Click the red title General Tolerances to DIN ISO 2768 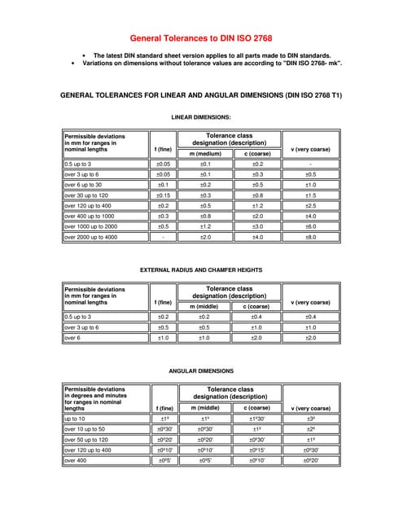point(201,37)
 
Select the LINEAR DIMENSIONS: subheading point(201,116)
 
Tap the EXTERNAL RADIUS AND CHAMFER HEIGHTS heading point(201,269)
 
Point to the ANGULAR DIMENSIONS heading point(201,370)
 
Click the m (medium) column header point(205,153)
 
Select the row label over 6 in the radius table point(72,338)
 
